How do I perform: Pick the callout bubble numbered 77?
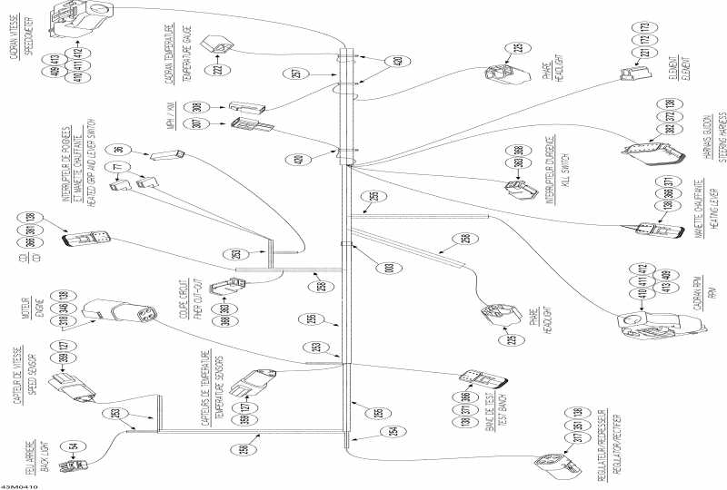(117, 168)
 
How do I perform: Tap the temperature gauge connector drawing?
(221, 46)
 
